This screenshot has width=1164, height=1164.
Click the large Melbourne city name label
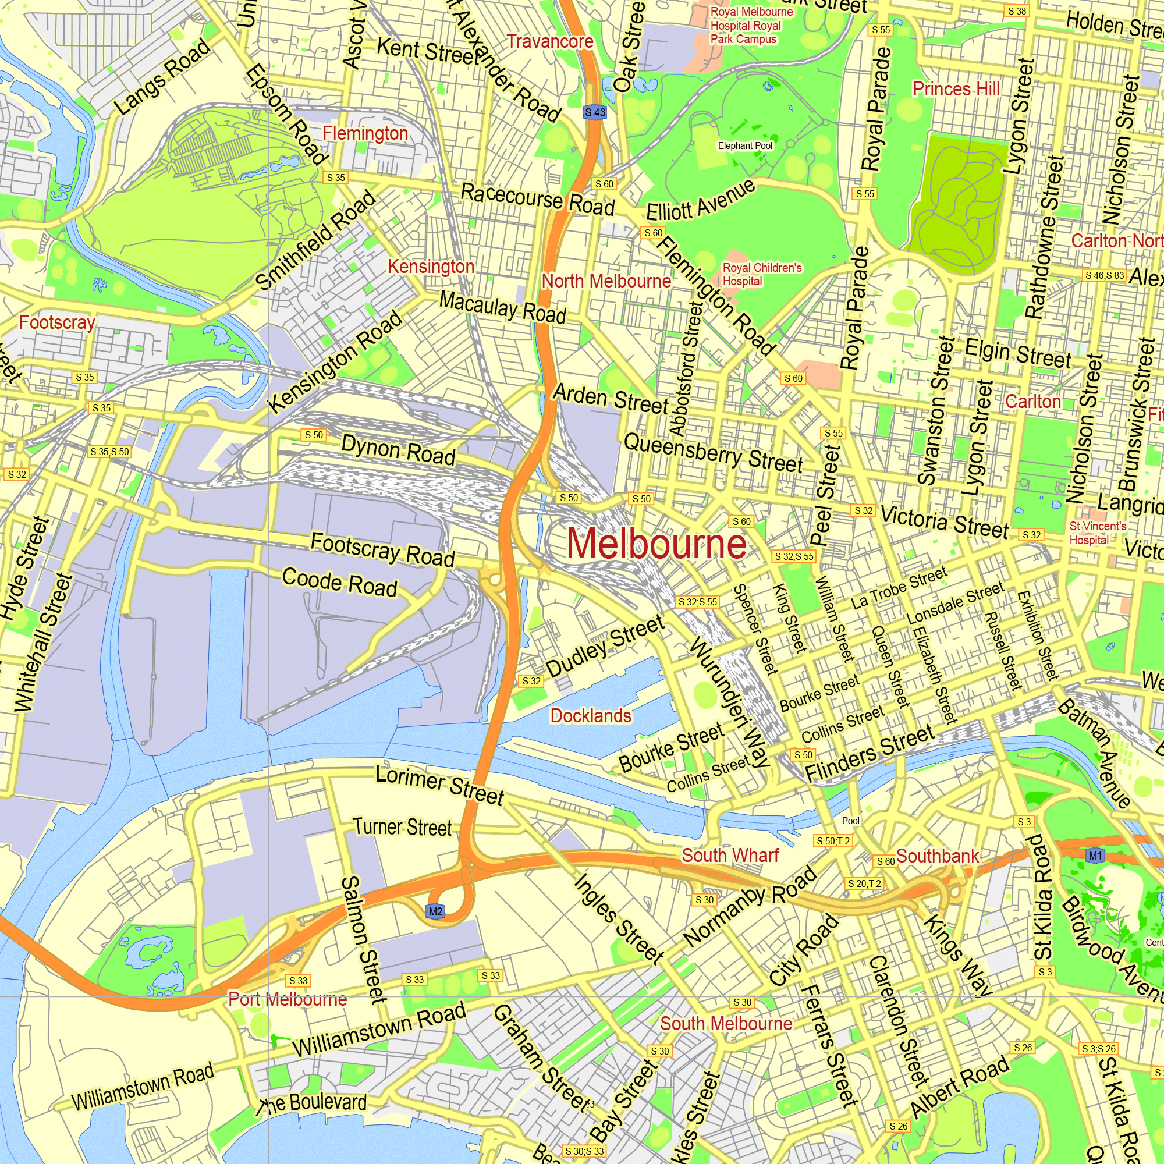click(656, 544)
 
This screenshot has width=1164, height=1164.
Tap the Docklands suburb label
click(591, 716)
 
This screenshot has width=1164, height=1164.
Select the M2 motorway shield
click(435, 911)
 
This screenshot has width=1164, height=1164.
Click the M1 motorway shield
click(1095, 856)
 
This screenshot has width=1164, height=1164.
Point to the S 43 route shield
click(595, 112)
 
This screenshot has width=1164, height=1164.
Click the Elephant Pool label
click(745, 146)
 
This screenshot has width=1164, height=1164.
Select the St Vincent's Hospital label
click(1097, 533)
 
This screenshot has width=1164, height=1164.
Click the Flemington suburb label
click(365, 133)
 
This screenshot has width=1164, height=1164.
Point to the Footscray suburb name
click(56, 322)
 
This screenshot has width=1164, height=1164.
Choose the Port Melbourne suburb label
click(288, 999)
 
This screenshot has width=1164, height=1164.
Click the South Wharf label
click(730, 855)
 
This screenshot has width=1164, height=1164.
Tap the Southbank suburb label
click(938, 856)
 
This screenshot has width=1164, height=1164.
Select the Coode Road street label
click(340, 583)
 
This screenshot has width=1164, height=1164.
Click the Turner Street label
click(402, 827)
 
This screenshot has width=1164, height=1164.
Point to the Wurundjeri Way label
click(730, 702)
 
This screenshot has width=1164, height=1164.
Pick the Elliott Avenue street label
click(700, 201)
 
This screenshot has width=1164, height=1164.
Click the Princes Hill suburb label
click(956, 89)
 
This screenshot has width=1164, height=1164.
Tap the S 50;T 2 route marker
click(833, 841)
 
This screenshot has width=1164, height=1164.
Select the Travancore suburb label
click(549, 41)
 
